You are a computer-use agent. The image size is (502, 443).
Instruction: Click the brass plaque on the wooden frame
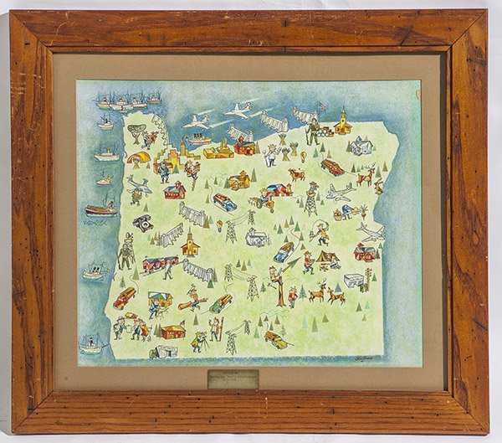pos(233,379)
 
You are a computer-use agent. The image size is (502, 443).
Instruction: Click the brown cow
pos(297,174)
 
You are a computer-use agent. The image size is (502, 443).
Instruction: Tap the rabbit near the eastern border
pos(379,186)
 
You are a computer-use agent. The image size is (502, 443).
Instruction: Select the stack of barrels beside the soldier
pos(325,131)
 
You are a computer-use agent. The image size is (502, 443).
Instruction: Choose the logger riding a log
pos(193,299)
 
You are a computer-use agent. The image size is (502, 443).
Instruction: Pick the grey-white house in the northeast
pos(361,147)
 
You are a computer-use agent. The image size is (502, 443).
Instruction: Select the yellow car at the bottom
pos(275,339)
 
